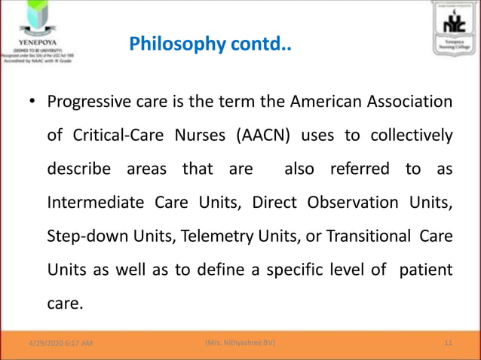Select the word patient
click(426, 269)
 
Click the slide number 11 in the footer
click(449, 343)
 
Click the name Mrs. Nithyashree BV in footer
click(239, 343)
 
